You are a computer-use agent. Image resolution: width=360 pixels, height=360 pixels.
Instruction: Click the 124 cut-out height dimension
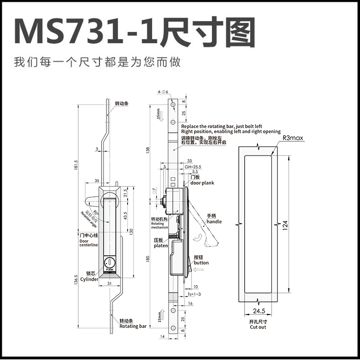pyautogui.click(x=285, y=225)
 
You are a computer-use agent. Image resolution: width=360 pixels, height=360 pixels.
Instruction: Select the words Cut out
pyautogui.click(x=257, y=327)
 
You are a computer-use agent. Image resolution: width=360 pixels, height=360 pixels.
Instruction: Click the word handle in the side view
pyautogui.click(x=214, y=221)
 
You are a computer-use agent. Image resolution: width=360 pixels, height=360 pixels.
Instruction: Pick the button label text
pyautogui.click(x=201, y=262)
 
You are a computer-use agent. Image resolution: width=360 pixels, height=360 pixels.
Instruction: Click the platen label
pyautogui.click(x=160, y=245)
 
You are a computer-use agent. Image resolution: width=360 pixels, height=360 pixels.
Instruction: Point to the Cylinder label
pyautogui.click(x=89, y=279)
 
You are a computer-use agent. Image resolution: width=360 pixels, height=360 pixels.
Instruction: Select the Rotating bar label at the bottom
pyautogui.click(x=133, y=326)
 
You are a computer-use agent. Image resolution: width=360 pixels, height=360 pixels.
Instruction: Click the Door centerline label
pyautogui.click(x=89, y=243)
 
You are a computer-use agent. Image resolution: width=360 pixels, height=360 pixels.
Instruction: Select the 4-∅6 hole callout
pyautogui.click(x=163, y=92)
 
